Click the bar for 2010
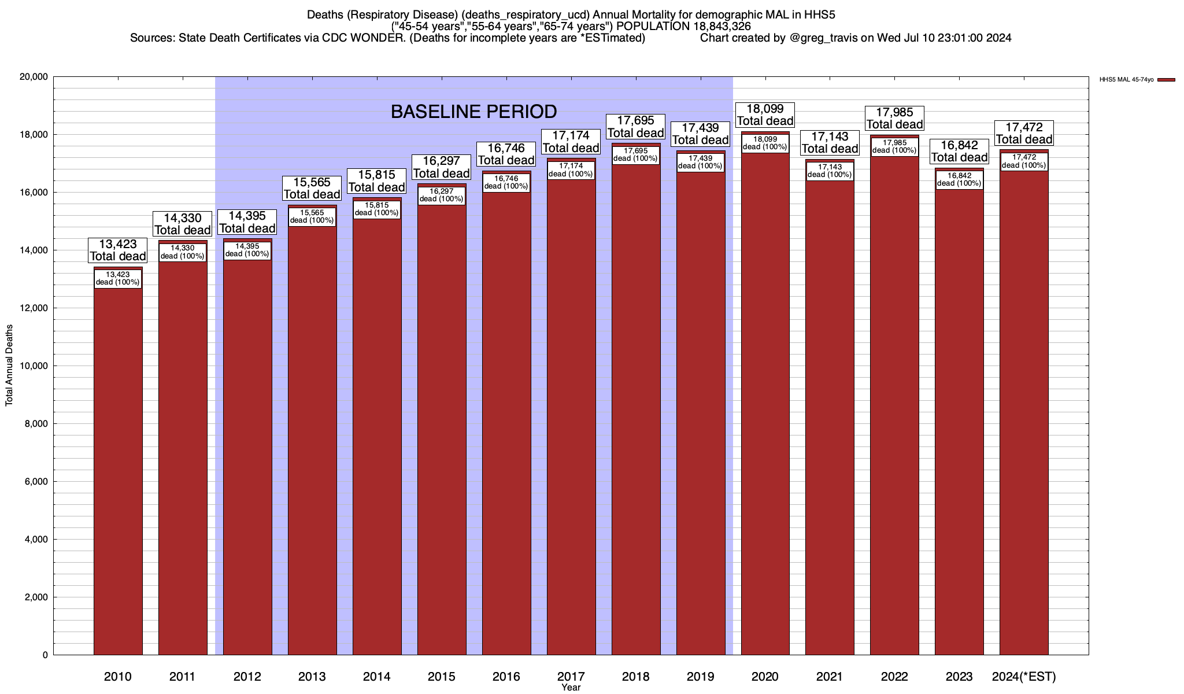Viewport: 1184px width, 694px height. pyautogui.click(x=118, y=463)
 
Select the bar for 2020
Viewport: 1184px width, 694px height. pyautogui.click(x=765, y=405)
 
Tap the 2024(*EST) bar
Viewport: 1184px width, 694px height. pyautogui.click(x=1024, y=416)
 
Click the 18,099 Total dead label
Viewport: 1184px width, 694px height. pyautogui.click(x=765, y=115)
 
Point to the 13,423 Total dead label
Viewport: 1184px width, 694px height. pyautogui.click(x=118, y=250)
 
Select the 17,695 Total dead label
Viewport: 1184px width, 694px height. pyautogui.click(x=636, y=127)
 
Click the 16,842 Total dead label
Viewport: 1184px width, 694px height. pyautogui.click(x=960, y=152)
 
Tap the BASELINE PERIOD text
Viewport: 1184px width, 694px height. pyautogui.click(x=474, y=112)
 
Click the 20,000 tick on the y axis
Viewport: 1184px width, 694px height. pyautogui.click(x=34, y=77)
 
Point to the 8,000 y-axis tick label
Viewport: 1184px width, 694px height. pyautogui.click(x=36, y=424)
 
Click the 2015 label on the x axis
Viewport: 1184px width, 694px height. pyautogui.click(x=442, y=677)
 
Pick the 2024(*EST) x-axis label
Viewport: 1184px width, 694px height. pyautogui.click(x=1024, y=677)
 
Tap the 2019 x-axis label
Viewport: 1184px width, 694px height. pyautogui.click(x=701, y=677)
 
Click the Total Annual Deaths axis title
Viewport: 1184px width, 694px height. pyautogui.click(x=9, y=365)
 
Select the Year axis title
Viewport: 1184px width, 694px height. pyautogui.click(x=571, y=688)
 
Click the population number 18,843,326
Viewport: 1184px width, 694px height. pyautogui.click(x=710, y=27)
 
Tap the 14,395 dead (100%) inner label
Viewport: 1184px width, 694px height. pyautogui.click(x=247, y=250)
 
